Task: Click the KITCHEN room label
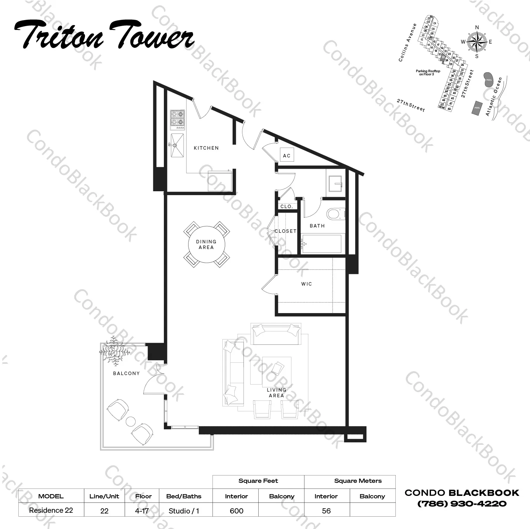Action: pyautogui.click(x=206, y=148)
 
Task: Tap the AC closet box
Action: pyautogui.click(x=287, y=155)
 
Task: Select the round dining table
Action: pyautogui.click(x=207, y=244)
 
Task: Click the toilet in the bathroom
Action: pyautogui.click(x=335, y=214)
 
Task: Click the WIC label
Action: pyautogui.click(x=306, y=284)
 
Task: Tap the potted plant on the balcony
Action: pyautogui.click(x=114, y=351)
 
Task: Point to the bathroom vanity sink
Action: pyautogui.click(x=336, y=183)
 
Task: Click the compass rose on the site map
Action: pyautogui.click(x=477, y=42)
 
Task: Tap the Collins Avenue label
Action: pyautogui.click(x=408, y=43)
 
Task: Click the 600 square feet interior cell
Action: pyautogui.click(x=236, y=510)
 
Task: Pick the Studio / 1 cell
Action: pyautogui.click(x=184, y=510)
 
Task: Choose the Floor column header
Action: pyautogui.click(x=143, y=496)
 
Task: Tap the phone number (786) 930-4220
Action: pyautogui.click(x=462, y=504)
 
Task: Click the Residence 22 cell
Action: pyautogui.click(x=51, y=510)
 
